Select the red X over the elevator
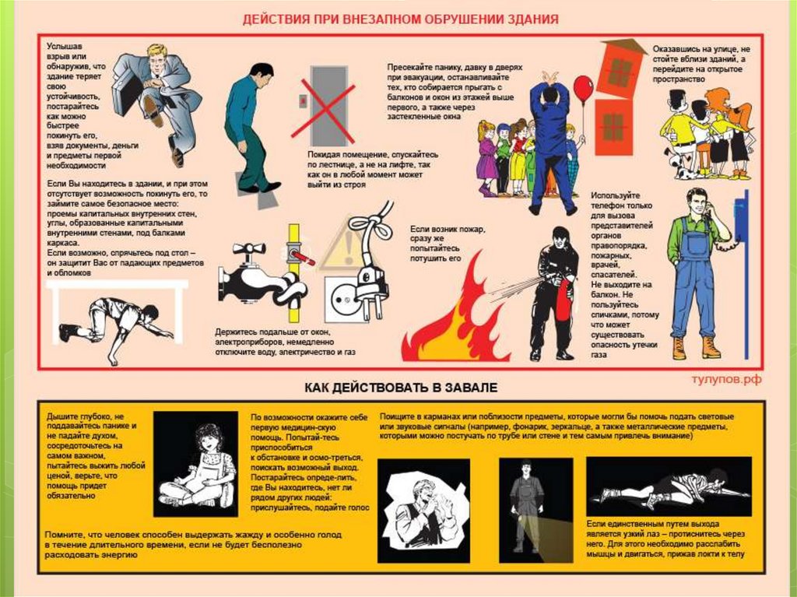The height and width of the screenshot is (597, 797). coord(323,111)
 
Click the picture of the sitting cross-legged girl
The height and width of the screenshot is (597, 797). coord(195,464)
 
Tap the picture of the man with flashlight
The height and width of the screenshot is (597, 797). coord(535,510)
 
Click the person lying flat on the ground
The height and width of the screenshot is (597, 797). coord(670,486)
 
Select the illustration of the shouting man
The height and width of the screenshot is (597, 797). coord(423,511)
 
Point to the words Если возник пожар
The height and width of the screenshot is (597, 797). coord(448,230)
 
